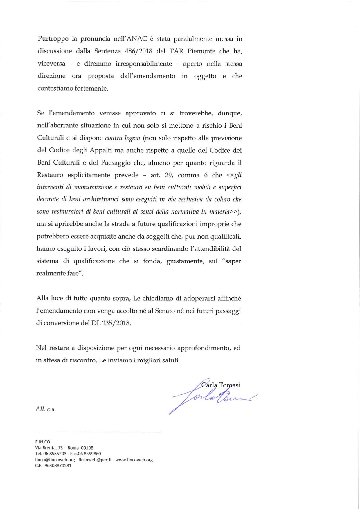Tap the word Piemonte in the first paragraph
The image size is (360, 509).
pyautogui.click(x=201, y=51)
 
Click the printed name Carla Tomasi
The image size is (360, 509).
pyautogui.click(x=221, y=385)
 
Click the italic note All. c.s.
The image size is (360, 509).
pyautogui.click(x=46, y=409)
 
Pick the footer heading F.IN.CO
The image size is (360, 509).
pyautogui.click(x=42, y=442)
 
